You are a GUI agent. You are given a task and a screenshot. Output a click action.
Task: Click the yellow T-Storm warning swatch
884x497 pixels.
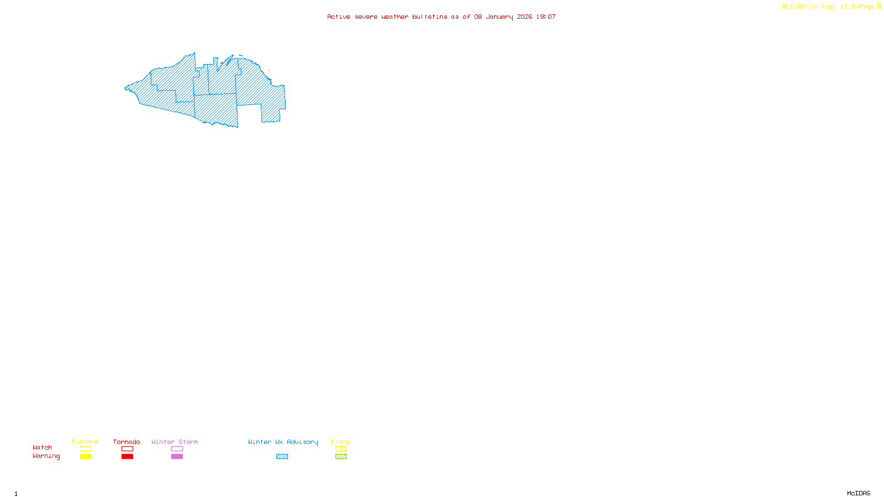[86, 457]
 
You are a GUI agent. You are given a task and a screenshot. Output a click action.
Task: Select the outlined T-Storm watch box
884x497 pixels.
[86, 449]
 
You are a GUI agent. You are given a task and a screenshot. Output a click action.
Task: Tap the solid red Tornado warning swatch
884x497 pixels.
[127, 457]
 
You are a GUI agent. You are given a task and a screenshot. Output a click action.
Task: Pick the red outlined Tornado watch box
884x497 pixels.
[127, 449]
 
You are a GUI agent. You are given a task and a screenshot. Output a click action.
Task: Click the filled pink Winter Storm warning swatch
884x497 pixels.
[177, 457]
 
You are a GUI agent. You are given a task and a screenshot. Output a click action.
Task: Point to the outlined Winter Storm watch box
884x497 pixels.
[177, 449]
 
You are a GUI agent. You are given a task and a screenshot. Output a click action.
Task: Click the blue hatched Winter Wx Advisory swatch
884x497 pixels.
[282, 457]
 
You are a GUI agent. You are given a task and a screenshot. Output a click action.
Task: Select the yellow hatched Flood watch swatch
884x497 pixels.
[341, 449]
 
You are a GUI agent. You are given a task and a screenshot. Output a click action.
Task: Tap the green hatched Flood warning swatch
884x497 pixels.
[341, 457]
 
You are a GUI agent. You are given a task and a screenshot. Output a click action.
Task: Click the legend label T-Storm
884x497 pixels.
[85, 442]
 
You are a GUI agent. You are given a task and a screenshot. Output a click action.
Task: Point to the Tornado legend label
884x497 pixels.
[127, 442]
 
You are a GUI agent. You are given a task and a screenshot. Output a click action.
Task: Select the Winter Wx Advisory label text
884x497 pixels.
[283, 442]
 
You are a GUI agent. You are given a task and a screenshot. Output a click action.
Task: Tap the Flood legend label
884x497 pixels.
[341, 442]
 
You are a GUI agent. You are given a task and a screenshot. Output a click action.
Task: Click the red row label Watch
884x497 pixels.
[43, 448]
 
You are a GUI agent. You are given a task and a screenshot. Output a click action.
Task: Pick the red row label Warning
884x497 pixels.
[46, 456]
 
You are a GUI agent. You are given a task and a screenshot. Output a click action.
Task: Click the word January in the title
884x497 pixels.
[499, 17]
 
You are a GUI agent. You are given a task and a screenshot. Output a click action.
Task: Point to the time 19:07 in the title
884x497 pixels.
[546, 17]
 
